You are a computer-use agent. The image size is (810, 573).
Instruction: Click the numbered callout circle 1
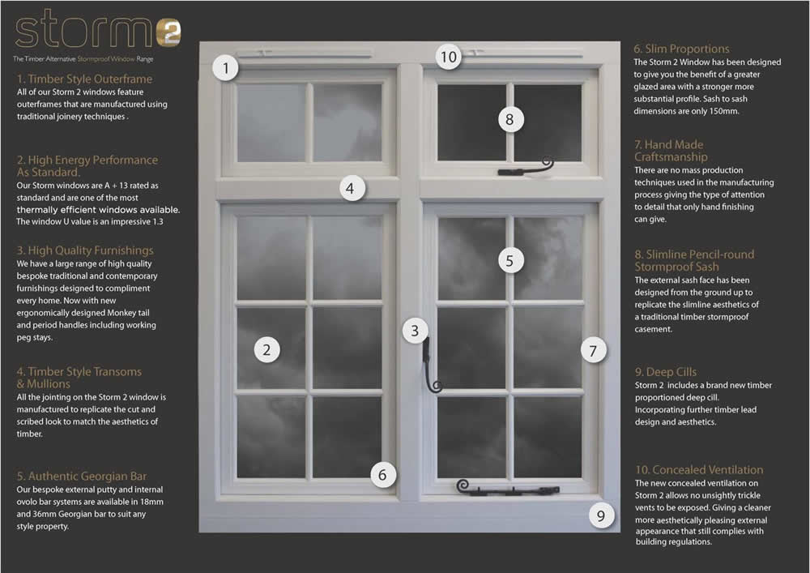[x=226, y=68]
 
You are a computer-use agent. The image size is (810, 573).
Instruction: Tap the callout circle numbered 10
[x=448, y=57]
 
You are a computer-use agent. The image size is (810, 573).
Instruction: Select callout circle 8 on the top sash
[x=509, y=120]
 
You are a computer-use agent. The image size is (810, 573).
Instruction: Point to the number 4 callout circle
[x=349, y=189]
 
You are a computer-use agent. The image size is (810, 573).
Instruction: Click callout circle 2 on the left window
[x=266, y=350]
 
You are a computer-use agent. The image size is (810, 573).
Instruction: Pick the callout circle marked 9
[x=600, y=515]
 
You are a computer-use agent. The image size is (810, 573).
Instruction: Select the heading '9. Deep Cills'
[x=665, y=372]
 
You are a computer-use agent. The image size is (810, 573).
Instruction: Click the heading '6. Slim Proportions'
[x=681, y=49]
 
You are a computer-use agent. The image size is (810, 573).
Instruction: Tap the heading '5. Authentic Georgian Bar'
[x=82, y=476]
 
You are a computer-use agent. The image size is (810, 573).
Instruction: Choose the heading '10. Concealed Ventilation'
[x=698, y=470]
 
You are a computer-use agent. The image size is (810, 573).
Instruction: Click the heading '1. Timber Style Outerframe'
[x=84, y=79]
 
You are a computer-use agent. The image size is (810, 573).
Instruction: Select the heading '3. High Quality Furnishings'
[x=85, y=250]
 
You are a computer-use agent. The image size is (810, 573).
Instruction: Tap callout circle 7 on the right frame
[x=593, y=351]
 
